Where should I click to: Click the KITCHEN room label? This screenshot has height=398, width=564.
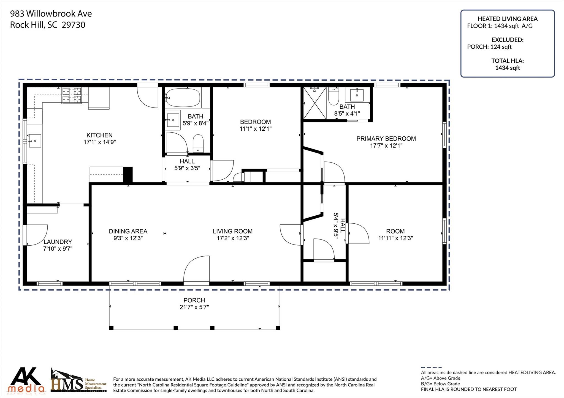pos(99,135)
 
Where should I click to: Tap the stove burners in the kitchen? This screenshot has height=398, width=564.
pos(72,95)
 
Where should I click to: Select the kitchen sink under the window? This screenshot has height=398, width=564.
pos(35,141)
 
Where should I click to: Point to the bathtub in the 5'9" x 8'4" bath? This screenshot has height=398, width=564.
pos(183,97)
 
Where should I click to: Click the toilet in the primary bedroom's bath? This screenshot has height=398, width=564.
pos(334,96)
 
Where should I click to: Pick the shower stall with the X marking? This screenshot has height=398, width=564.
pos(315,103)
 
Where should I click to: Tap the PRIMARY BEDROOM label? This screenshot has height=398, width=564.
pos(386,139)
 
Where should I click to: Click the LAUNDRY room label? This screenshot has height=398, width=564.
pos(58,242)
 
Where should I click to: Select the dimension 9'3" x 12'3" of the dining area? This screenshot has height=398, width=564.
pos(128,238)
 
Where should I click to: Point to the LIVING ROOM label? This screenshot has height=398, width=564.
pos(233,231)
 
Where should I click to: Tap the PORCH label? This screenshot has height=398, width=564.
pos(194,300)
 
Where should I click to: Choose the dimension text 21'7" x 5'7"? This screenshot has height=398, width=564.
pos(194,307)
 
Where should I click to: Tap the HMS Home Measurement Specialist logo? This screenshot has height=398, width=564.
pos(78,380)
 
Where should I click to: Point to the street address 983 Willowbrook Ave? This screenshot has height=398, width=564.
pos(51,13)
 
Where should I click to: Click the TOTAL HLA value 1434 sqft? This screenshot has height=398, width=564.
pos(508,68)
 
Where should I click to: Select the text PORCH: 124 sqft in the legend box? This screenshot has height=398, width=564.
pos(489,47)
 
